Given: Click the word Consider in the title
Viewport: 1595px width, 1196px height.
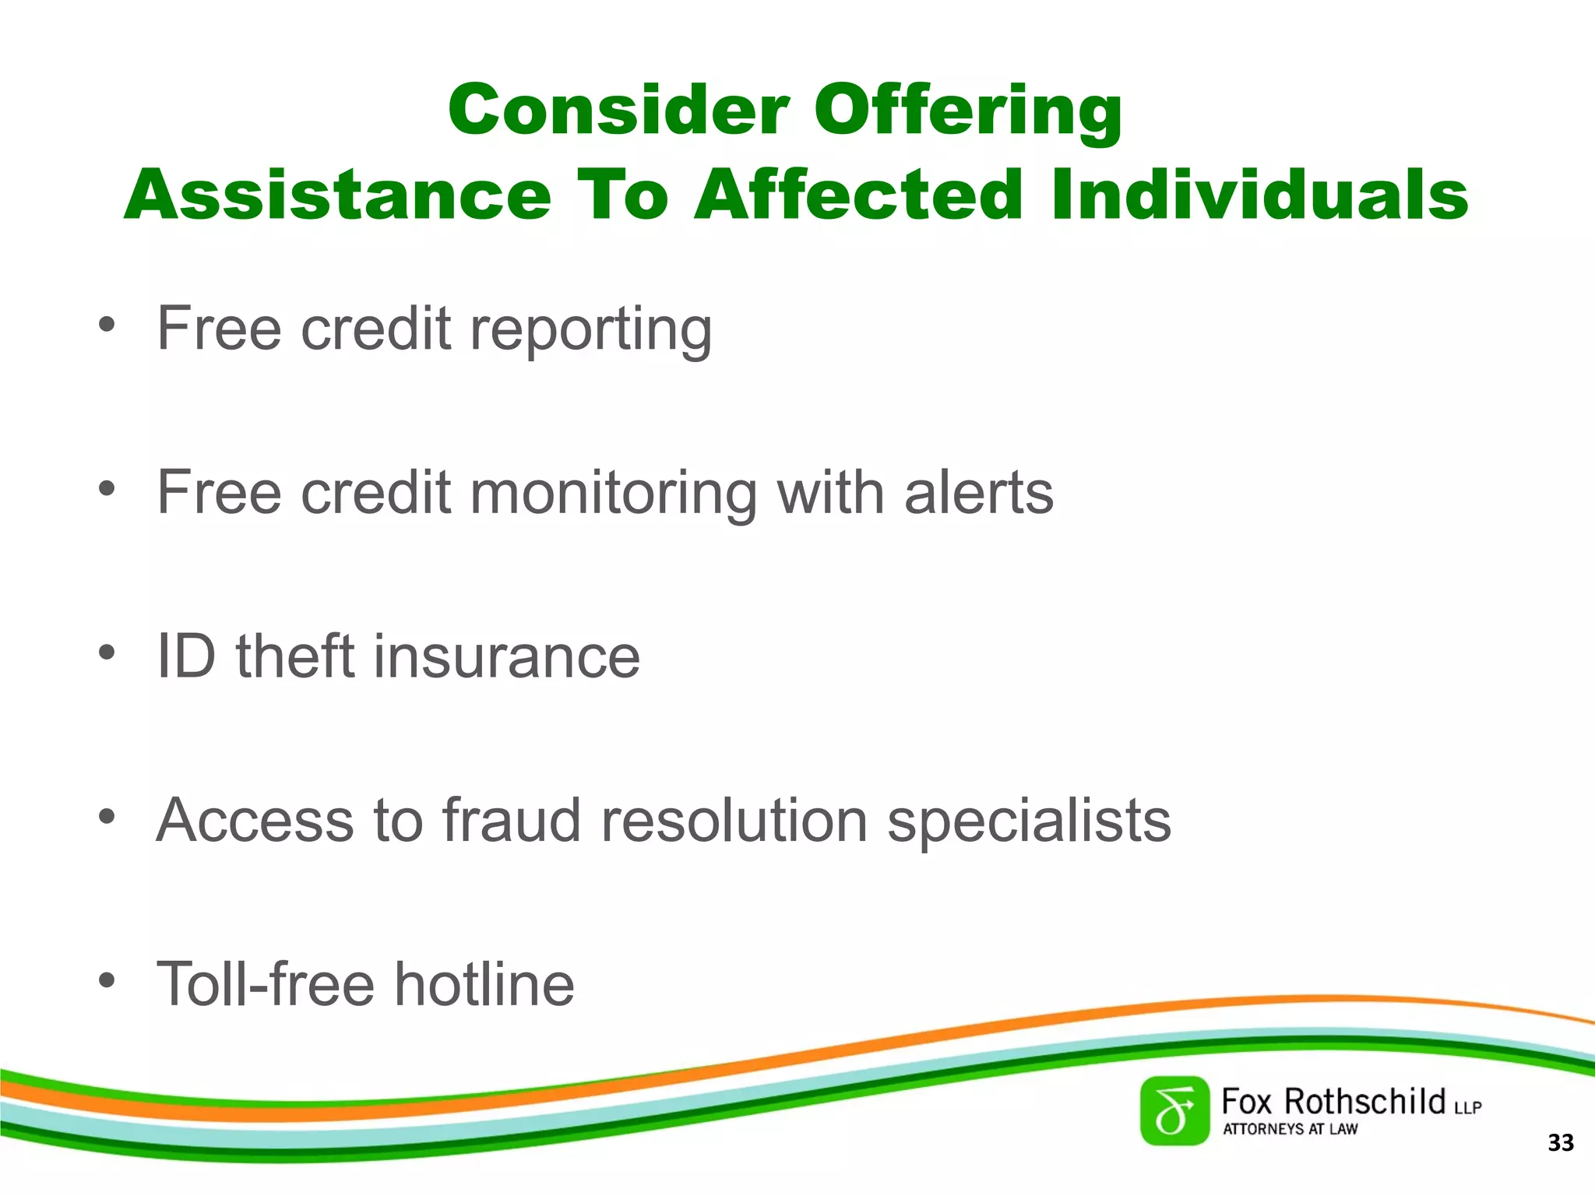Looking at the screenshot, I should pyautogui.click(x=618, y=110).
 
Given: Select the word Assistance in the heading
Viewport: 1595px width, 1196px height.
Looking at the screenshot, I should pyautogui.click(x=337, y=195).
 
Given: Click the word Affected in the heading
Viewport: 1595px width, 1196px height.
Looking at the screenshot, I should pyautogui.click(x=857, y=195).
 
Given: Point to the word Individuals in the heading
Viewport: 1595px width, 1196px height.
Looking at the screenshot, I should pyautogui.click(x=1259, y=195).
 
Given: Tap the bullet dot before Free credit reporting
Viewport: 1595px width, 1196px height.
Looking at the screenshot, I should pyautogui.click(x=107, y=324).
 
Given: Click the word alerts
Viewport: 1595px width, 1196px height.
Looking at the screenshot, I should pyautogui.click(x=978, y=493).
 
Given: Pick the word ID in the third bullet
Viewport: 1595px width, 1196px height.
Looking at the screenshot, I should pyautogui.click(x=185, y=656).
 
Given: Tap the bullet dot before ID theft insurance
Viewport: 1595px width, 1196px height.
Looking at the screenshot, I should pyautogui.click(x=107, y=653).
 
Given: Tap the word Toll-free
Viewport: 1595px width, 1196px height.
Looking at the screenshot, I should pyautogui.click(x=266, y=984).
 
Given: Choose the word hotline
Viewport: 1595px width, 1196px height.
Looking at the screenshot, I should pyautogui.click(x=484, y=984).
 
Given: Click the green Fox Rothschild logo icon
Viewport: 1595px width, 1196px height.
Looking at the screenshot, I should pyautogui.click(x=1174, y=1111).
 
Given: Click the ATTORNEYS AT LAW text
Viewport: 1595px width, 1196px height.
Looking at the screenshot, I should pyautogui.click(x=1290, y=1129).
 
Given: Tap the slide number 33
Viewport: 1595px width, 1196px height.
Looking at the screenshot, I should pyautogui.click(x=1560, y=1143).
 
